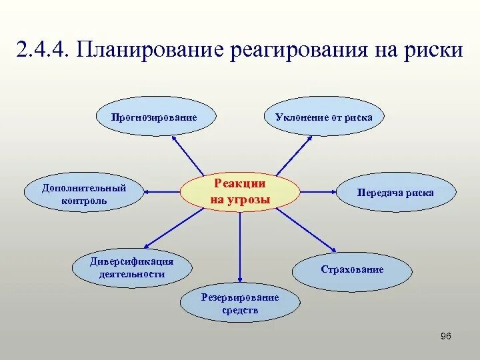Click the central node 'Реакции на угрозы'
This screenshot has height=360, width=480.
[240, 192]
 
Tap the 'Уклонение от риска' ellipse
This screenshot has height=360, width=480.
[324, 118]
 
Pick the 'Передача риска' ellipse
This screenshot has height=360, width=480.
[395, 193]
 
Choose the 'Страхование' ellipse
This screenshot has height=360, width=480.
[351, 270]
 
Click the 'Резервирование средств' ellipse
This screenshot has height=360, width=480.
[240, 304]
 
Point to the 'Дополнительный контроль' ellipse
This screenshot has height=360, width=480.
[84, 193]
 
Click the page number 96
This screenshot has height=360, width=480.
[446, 335]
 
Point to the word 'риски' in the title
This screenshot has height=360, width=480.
[433, 51]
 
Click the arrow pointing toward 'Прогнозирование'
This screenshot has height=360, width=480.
[189, 155]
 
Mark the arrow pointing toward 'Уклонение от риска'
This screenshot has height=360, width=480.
[295, 155]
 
